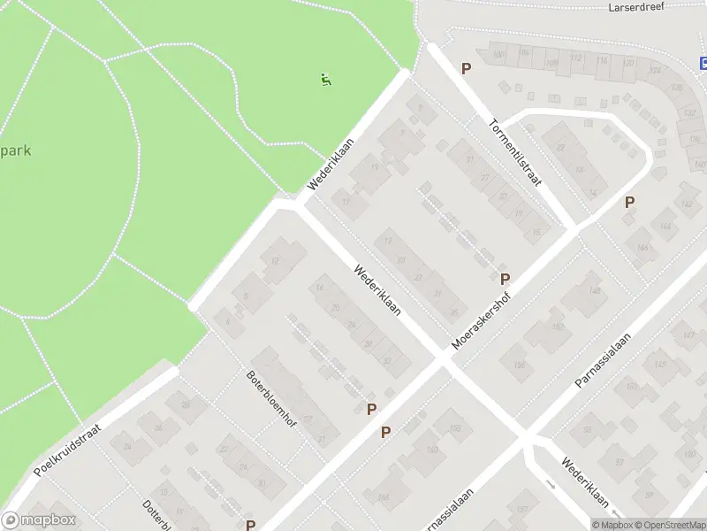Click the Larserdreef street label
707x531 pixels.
636,7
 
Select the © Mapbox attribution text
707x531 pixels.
612,525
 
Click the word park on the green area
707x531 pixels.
16,150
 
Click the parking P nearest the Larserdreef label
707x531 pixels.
466,68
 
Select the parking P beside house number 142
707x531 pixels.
629,202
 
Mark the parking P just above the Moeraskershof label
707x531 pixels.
505,279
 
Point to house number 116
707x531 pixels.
603,60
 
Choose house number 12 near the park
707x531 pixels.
275,260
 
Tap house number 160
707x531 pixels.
431,450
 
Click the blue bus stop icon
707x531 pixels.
703,63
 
